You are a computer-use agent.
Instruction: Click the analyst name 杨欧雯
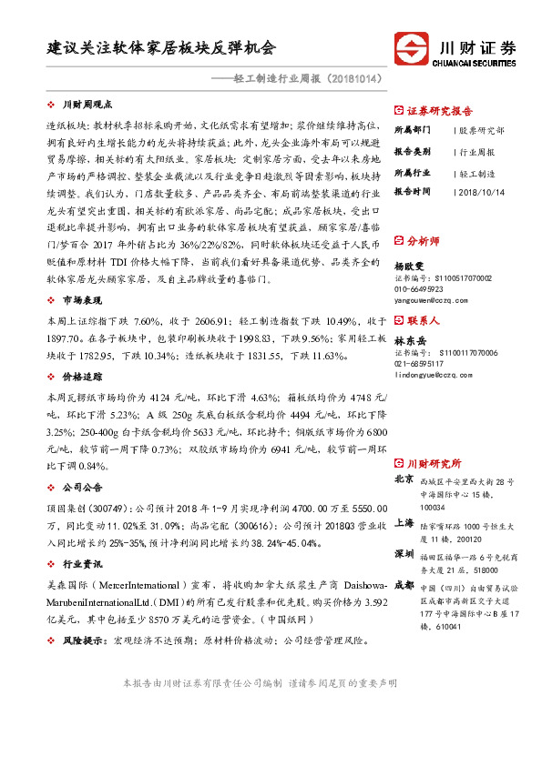point(410,265)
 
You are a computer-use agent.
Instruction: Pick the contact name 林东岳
point(410,340)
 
